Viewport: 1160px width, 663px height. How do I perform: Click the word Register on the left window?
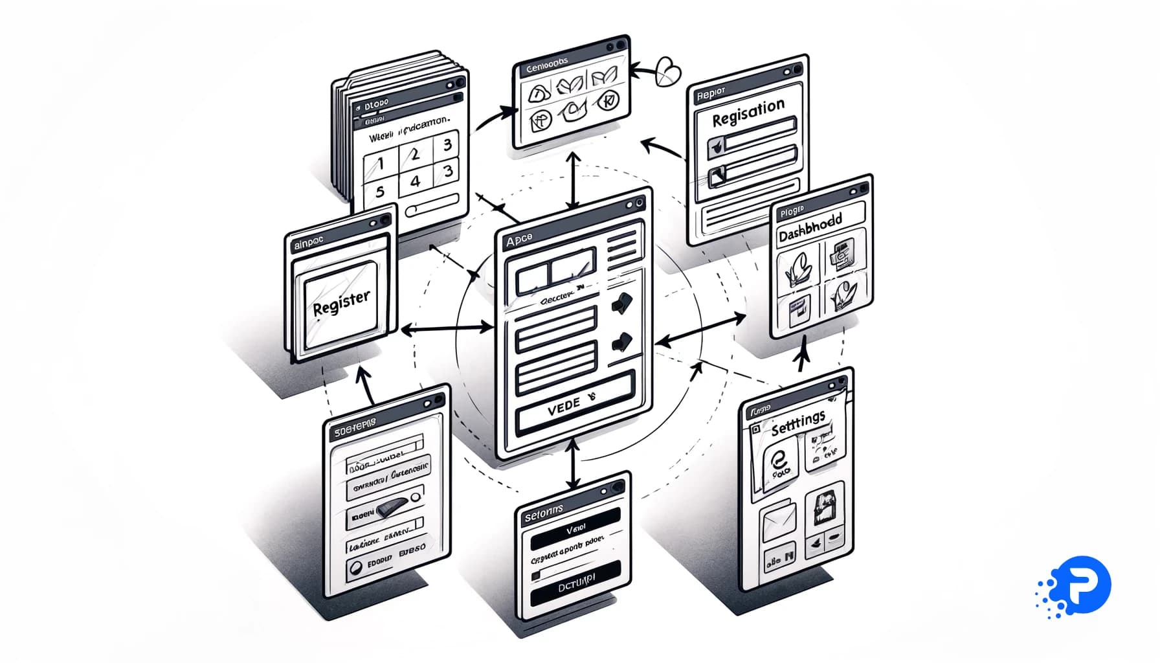click(341, 302)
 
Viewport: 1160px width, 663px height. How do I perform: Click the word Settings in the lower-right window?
click(798, 422)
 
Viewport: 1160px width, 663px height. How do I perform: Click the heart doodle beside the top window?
click(667, 71)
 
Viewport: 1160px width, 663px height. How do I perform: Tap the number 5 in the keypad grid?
click(380, 191)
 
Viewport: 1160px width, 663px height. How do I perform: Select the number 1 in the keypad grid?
click(381, 162)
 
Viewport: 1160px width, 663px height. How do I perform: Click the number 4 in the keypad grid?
click(415, 181)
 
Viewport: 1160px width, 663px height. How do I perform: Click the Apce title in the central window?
click(519, 240)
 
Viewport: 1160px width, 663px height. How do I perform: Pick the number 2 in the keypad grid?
click(415, 153)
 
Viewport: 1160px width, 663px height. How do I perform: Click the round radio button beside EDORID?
click(355, 568)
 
